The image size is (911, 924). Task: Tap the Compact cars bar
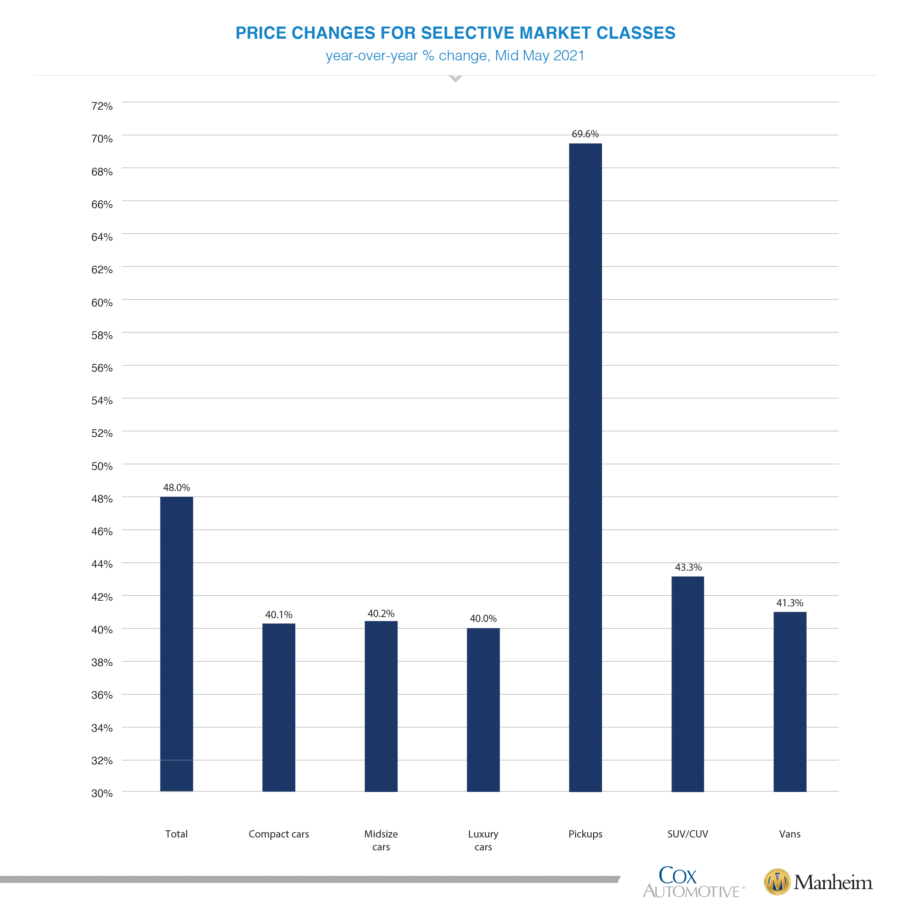(279, 707)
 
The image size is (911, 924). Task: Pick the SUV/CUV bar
(687, 684)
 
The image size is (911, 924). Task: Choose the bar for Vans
(790, 702)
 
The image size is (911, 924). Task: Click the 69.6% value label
(585, 134)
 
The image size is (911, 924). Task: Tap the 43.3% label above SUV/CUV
(688, 568)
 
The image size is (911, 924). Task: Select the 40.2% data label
(381, 614)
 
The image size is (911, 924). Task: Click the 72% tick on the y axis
(102, 106)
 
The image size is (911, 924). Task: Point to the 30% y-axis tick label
(102, 793)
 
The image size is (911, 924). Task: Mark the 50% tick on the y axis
(102, 466)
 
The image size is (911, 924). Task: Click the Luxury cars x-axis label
(483, 840)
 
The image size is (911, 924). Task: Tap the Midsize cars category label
(381, 840)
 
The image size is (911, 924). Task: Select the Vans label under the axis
(790, 834)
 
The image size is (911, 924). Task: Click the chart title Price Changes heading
(455, 33)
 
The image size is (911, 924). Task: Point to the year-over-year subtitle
(455, 56)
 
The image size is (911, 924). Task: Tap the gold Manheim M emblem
(777, 882)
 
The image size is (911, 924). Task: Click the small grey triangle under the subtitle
(455, 79)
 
